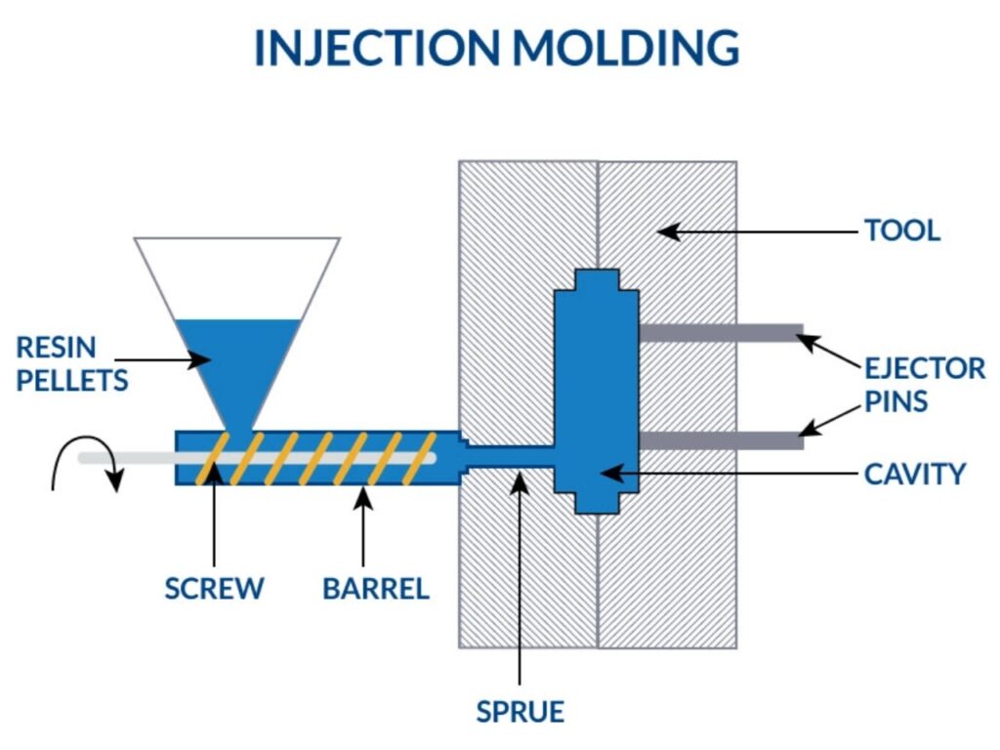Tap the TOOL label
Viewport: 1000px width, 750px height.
click(901, 231)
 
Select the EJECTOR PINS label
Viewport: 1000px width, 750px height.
click(924, 384)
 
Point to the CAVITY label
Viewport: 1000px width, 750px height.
click(914, 474)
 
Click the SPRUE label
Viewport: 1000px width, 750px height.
click(520, 711)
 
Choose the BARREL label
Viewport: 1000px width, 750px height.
click(376, 589)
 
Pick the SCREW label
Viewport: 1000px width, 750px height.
click(214, 589)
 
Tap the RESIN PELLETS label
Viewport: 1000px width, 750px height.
click(71, 362)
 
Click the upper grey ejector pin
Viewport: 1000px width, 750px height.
click(721, 333)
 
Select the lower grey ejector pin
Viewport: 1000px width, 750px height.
click(721, 440)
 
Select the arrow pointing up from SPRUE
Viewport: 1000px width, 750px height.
click(520, 576)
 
